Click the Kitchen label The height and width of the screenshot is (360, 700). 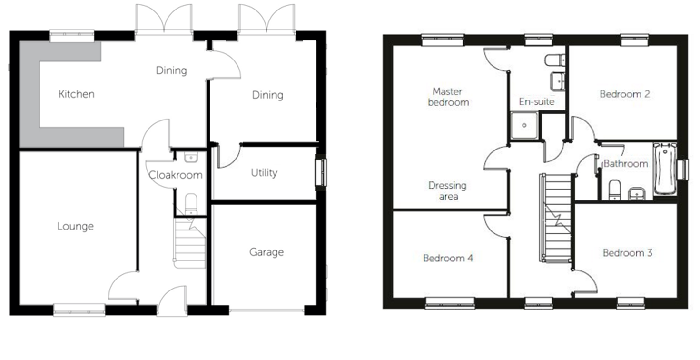click(x=76, y=94)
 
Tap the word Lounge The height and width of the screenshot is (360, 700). click(x=75, y=227)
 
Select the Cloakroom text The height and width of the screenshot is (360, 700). click(x=175, y=175)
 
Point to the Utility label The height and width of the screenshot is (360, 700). click(x=264, y=173)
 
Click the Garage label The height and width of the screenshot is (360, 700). click(x=266, y=252)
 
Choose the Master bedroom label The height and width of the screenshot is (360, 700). click(x=448, y=97)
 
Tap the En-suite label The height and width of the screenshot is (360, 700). click(x=537, y=101)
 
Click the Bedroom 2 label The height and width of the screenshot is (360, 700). click(x=625, y=94)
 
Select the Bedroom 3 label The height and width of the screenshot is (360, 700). click(x=628, y=253)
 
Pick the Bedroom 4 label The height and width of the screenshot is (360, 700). click(x=448, y=259)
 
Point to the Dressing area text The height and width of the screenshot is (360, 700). click(x=448, y=191)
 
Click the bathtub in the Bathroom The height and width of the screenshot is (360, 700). click(x=665, y=169)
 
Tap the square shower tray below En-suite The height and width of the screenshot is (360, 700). click(x=524, y=125)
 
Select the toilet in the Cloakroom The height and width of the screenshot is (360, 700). click(x=191, y=204)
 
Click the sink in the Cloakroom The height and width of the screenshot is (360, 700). click(x=191, y=157)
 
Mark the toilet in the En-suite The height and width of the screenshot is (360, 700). click(x=555, y=60)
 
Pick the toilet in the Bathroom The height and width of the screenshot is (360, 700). click(x=615, y=190)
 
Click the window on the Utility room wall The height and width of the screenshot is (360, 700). click(x=321, y=172)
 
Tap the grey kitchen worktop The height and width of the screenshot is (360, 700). click(x=30, y=94)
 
